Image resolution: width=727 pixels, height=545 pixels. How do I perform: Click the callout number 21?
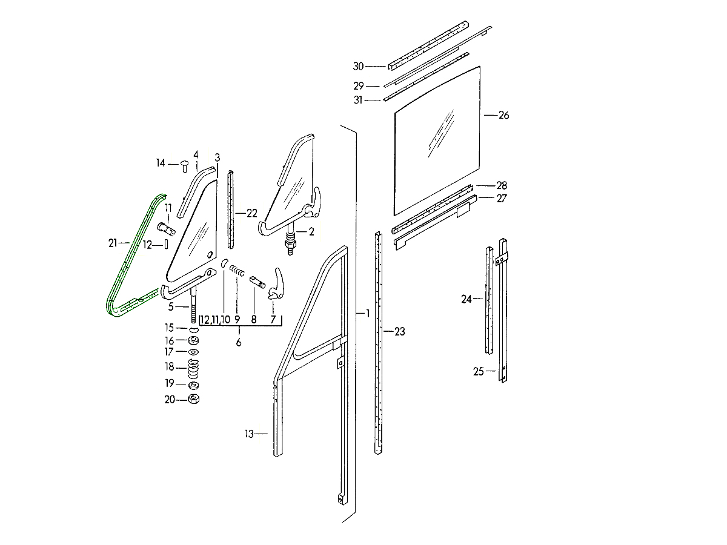(113, 243)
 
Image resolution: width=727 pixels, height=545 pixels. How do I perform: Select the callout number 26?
(503, 115)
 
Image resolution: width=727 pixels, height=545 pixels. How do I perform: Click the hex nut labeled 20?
(194, 399)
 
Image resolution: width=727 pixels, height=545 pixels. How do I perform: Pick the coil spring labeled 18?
(194, 368)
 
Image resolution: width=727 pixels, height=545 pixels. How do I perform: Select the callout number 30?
(358, 67)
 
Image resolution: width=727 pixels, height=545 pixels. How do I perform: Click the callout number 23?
(400, 332)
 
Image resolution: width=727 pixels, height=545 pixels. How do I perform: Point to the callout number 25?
(479, 372)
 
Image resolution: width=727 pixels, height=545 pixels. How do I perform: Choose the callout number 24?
(466, 299)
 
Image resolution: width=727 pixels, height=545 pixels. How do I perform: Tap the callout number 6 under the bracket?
(239, 343)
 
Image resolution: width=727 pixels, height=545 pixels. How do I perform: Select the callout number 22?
(252, 213)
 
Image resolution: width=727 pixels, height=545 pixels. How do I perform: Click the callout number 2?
(311, 231)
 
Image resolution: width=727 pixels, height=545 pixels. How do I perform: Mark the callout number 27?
(502, 199)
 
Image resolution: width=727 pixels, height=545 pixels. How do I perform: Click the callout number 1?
(367, 314)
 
